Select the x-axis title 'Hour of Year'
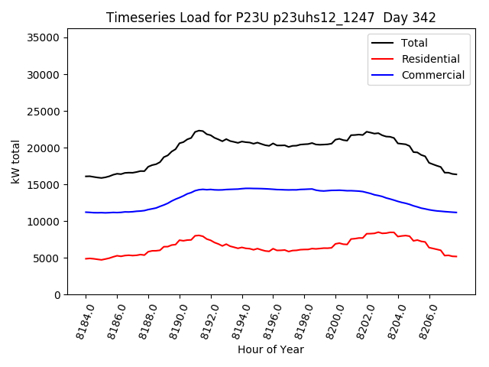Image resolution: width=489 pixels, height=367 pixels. [x=270, y=349]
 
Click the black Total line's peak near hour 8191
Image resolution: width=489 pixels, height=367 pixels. [x=199, y=131]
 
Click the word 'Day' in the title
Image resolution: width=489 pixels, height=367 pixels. [x=389, y=18]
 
